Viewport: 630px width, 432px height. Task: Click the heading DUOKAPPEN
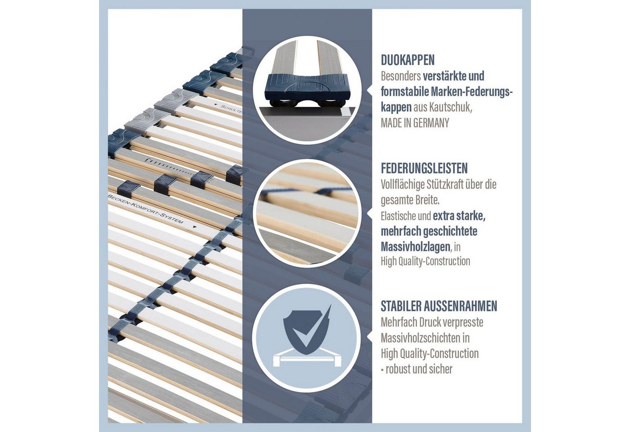(408, 60)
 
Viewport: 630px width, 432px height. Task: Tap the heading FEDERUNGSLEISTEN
(424, 168)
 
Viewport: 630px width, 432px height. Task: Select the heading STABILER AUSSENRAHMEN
(439, 306)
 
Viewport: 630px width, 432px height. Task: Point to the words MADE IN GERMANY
(415, 123)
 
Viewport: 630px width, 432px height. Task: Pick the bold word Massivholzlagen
(416, 247)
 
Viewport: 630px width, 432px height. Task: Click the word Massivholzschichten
(419, 338)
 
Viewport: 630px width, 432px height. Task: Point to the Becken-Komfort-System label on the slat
(146, 208)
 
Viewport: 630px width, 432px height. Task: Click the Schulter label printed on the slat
(231, 110)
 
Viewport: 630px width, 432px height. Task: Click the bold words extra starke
(459, 216)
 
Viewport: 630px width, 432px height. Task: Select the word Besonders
(401, 76)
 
